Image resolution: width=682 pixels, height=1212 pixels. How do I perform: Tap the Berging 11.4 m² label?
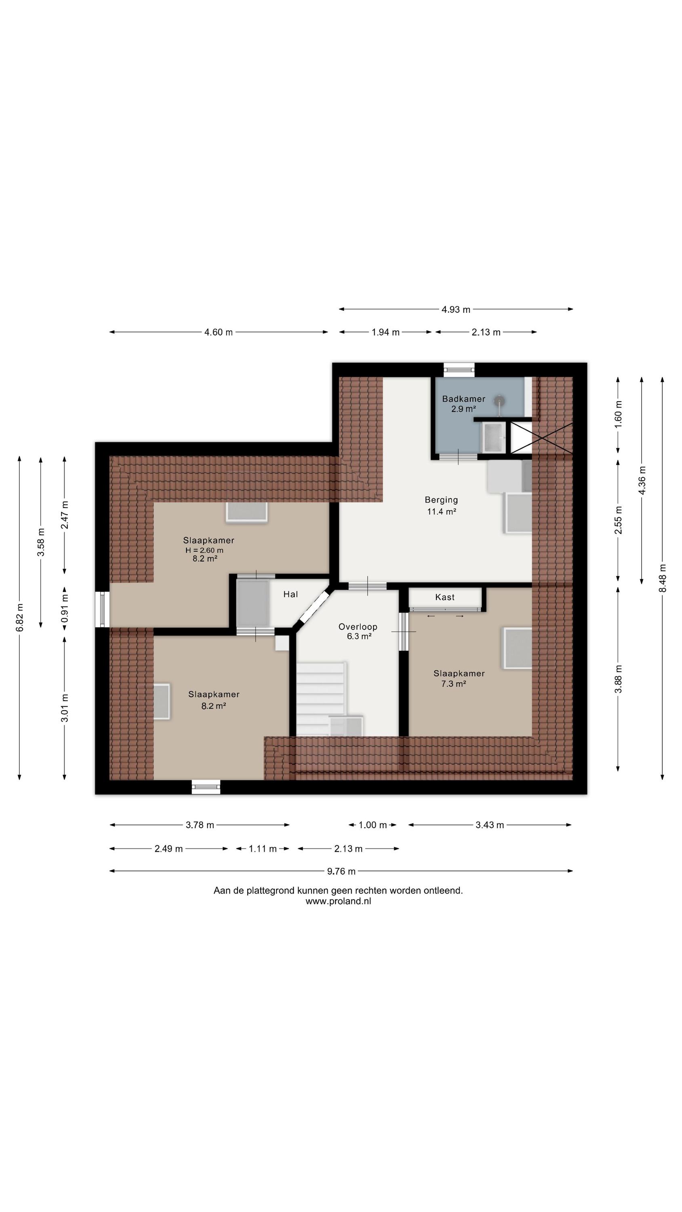441,506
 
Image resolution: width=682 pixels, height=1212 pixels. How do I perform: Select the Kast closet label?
445,597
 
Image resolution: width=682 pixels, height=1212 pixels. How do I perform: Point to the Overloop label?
358,627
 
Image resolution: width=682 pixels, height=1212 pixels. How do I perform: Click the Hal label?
290,594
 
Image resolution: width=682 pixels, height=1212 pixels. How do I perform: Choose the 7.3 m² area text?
453,684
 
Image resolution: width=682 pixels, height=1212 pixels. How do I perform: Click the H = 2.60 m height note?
204,550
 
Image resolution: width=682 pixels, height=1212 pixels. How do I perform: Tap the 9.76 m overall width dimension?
341,871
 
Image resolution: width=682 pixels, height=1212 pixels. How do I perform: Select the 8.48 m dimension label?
663,578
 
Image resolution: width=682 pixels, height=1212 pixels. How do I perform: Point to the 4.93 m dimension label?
456,309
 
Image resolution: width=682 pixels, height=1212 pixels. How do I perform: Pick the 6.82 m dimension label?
20,617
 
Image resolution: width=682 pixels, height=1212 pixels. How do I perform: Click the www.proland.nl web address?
339,901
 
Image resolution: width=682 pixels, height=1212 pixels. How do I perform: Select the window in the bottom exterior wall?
206,787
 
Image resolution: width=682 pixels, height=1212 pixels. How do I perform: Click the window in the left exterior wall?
102,609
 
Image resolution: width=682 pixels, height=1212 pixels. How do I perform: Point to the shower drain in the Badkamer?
499,401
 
